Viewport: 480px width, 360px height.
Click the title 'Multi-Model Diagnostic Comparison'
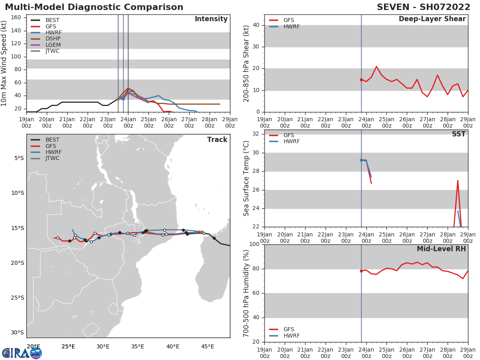tap(94, 7)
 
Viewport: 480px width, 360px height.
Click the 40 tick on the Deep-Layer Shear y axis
tap(256, 25)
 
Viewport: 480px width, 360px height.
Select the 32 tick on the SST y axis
tap(256, 134)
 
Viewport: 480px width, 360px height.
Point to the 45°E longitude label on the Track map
tap(207, 346)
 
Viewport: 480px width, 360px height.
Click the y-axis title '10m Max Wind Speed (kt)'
tap(4, 63)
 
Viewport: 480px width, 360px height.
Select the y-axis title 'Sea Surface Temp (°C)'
tap(246, 178)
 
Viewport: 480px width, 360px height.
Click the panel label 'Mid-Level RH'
tap(441, 249)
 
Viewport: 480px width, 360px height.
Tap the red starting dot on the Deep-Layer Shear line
tap(361, 80)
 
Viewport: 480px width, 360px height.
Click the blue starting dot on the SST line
tap(361, 160)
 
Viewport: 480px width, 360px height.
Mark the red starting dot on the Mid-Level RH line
tap(361, 271)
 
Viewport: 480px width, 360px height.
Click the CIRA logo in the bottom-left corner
tap(22, 353)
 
